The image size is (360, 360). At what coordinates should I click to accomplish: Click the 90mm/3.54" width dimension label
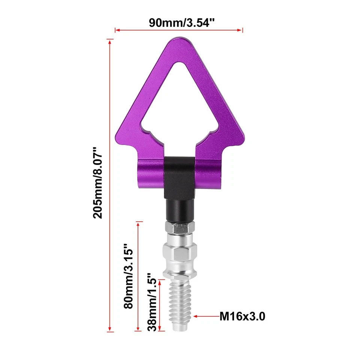pyautogui.click(x=179, y=22)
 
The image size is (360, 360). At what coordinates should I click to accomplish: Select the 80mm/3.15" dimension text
pyautogui.click(x=128, y=275)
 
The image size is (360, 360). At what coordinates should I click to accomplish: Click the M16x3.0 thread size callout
pyautogui.click(x=242, y=317)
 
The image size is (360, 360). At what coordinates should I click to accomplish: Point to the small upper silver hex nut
pyautogui.click(x=179, y=228)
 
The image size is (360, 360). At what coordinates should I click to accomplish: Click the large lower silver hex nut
pyautogui.click(x=179, y=253)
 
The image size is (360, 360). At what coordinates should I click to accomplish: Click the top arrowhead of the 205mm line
pyautogui.click(x=110, y=41)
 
